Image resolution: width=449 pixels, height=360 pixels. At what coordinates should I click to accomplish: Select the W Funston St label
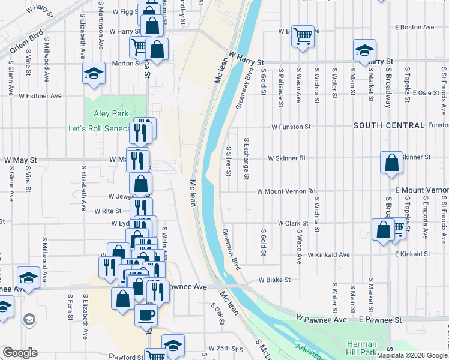(291, 127)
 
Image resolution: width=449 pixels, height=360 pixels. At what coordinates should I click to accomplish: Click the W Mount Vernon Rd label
(286, 191)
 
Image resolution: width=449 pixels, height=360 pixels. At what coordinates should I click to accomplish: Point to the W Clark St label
(293, 223)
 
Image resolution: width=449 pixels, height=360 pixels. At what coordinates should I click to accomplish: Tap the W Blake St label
(274, 280)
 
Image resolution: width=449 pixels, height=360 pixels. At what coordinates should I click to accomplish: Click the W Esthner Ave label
(40, 95)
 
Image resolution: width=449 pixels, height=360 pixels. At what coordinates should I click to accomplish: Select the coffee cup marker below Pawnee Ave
(146, 314)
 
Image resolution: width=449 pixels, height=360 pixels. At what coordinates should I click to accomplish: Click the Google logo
(19, 353)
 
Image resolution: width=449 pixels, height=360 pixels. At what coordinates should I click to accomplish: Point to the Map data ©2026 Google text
(412, 355)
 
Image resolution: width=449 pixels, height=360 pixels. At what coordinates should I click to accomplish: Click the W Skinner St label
(288, 158)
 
